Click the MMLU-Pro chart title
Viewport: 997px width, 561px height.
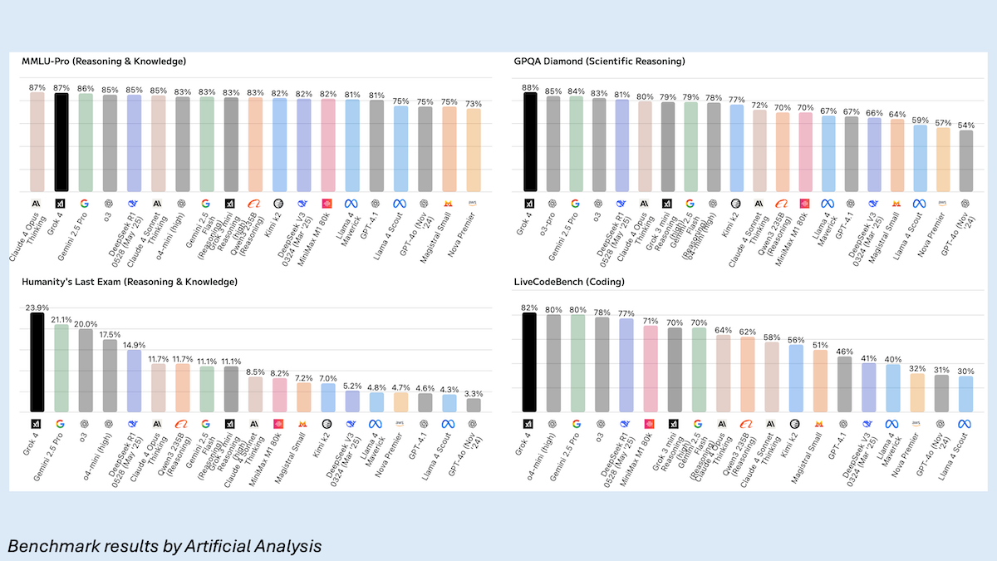104,61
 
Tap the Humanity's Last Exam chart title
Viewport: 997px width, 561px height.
130,283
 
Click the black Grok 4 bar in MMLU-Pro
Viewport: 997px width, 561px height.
61,142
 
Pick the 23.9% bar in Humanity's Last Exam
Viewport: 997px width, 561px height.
37,362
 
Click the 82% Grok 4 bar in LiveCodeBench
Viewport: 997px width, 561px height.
529,362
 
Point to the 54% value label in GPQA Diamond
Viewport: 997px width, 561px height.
965,125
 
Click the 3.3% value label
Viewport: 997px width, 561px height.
473,393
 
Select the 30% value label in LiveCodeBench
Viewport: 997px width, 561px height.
965,371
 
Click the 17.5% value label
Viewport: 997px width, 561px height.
110,334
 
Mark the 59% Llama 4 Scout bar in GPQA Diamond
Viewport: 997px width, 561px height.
920,158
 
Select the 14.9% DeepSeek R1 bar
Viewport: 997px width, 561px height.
134,380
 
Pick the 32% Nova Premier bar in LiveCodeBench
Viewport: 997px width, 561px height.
917,391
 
